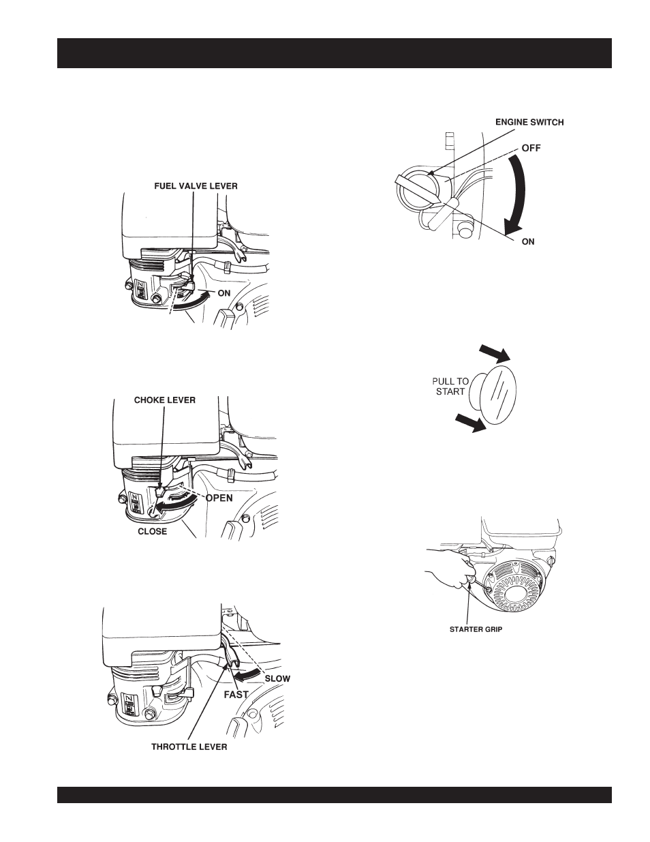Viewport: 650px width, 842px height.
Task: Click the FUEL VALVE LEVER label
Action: point(196,186)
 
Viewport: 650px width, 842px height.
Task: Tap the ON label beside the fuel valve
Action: point(224,293)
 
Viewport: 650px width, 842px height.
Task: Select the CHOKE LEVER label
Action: point(165,400)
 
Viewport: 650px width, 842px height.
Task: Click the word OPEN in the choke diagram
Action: point(219,498)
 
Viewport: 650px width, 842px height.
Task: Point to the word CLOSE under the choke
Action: point(153,531)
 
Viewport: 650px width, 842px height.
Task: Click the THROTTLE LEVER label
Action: point(189,747)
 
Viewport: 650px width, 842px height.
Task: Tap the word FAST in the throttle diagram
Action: point(236,695)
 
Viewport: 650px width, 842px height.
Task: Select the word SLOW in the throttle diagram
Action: point(277,679)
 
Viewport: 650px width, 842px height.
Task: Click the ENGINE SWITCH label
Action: point(529,123)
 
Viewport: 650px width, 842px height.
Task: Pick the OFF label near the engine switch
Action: point(531,148)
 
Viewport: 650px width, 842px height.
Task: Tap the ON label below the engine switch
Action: point(528,241)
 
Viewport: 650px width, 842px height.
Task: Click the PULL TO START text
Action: point(450,387)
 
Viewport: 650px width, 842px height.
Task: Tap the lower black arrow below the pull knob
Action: point(471,423)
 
